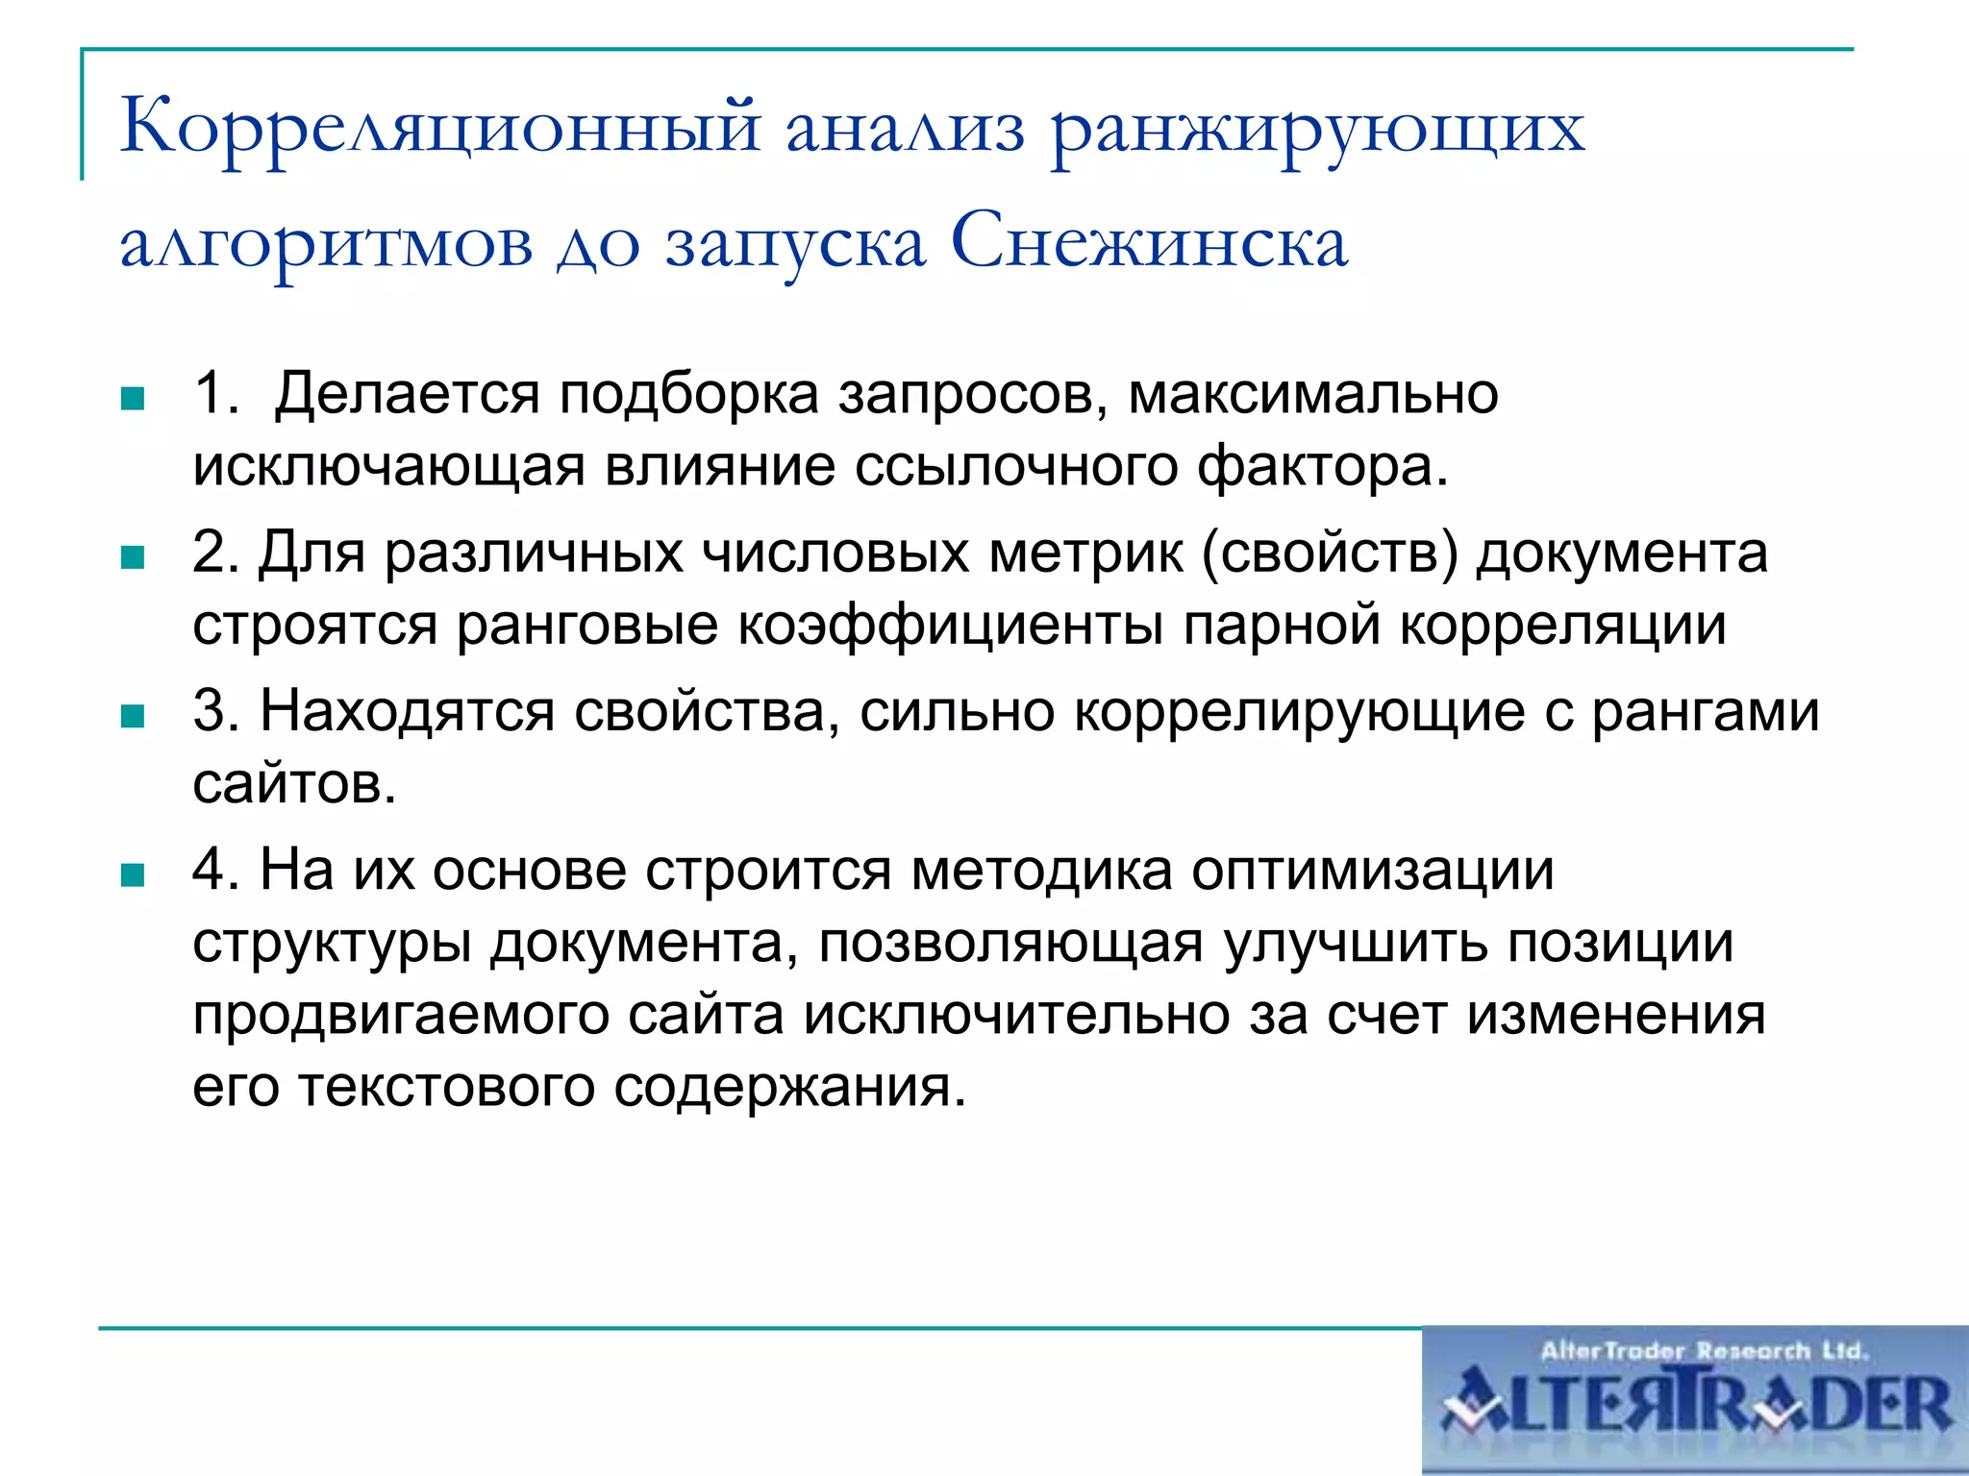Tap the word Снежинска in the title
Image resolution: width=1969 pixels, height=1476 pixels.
(x=1149, y=242)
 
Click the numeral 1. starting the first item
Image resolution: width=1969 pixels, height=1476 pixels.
(x=215, y=393)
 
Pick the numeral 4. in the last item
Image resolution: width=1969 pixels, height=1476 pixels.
(x=215, y=870)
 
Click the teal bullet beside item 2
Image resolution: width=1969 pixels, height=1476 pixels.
(x=133, y=557)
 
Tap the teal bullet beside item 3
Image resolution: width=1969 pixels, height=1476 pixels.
(x=133, y=716)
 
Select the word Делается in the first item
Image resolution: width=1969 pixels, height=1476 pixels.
(x=408, y=395)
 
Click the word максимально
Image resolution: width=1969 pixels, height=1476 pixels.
(x=1312, y=395)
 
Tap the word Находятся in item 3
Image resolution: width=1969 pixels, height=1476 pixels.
(x=408, y=712)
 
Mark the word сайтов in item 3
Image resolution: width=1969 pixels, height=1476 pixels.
(x=293, y=785)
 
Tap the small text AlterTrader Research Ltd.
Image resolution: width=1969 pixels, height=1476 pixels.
(x=1704, y=1351)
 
